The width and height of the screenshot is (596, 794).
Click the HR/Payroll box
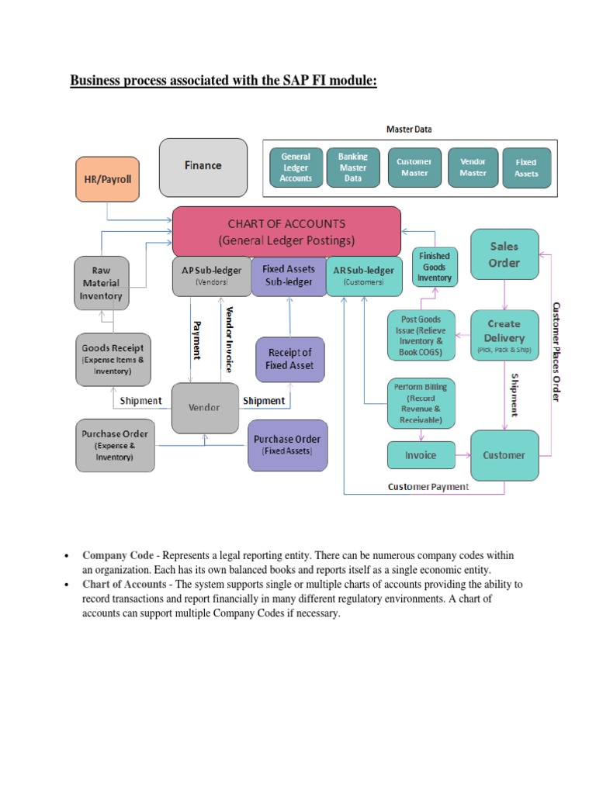pos(109,178)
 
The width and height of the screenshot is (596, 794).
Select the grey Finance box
pos(203,166)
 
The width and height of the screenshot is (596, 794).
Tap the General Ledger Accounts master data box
pos(296,167)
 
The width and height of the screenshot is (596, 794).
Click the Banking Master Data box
pos(353,167)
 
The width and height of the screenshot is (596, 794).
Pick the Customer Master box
pos(414,167)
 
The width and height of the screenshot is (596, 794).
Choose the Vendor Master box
pos(473,167)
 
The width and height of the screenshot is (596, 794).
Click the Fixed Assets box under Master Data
pos(526,167)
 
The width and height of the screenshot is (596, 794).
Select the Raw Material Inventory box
pos(101,283)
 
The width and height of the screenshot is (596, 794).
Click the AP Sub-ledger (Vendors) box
pos(210,276)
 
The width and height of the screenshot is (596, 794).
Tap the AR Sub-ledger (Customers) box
pos(363,276)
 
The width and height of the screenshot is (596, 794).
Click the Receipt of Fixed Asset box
pos(289,358)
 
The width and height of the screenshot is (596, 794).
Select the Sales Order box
pos(504,254)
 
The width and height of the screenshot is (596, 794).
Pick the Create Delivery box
pos(504,335)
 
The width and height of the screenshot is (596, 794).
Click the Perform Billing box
pos(420,402)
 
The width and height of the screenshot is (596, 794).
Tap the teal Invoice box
pos(420,455)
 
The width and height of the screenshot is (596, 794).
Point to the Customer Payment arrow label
pos(428,487)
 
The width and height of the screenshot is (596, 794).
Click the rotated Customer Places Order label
pos(555,350)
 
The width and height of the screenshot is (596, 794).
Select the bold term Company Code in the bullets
pos(113,556)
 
